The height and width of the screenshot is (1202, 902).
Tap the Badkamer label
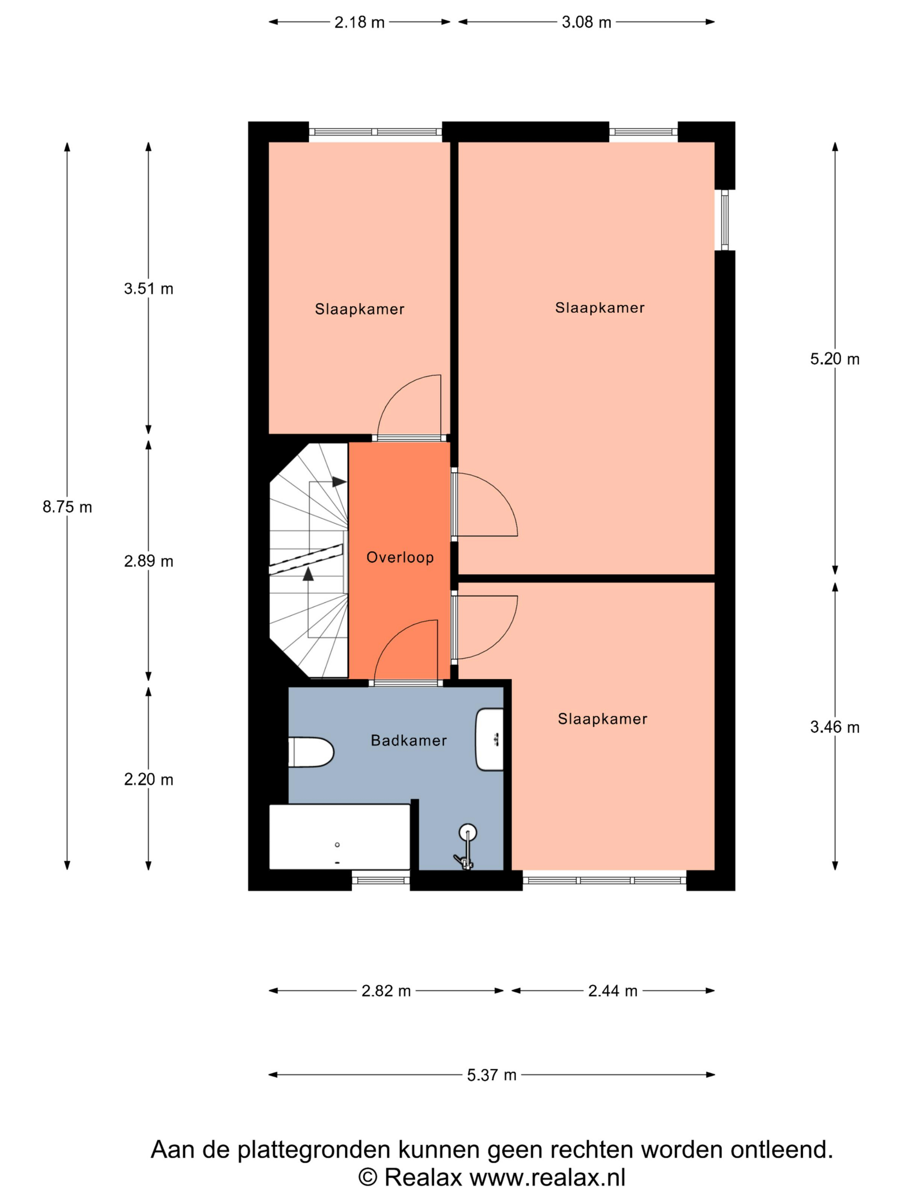[x=408, y=741]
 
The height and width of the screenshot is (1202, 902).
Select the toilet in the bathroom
[x=311, y=752]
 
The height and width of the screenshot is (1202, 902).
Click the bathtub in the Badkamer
[x=340, y=838]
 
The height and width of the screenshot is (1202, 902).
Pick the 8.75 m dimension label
[x=67, y=507]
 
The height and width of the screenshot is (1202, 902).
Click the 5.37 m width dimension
[x=491, y=1075]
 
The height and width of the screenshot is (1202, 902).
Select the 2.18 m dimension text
[x=360, y=22]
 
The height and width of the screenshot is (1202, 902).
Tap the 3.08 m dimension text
[x=586, y=22]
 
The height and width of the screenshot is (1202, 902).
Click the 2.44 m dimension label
[x=613, y=991]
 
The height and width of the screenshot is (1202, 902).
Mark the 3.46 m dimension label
[x=835, y=727]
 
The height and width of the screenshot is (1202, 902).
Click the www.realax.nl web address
[x=548, y=1177]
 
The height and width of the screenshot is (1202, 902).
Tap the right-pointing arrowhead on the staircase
[x=340, y=482]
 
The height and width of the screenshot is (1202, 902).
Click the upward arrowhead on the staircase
[x=308, y=574]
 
